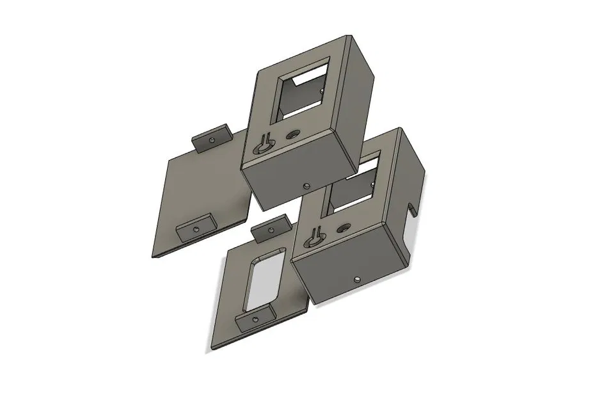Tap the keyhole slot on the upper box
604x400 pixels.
[264, 145]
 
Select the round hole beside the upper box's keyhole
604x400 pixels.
[294, 134]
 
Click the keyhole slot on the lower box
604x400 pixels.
[314, 237]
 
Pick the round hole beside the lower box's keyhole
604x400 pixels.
[344, 227]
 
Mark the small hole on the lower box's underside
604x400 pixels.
[356, 279]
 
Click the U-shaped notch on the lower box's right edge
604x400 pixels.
[413, 209]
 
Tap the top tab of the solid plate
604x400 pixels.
[212, 136]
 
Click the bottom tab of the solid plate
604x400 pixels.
[194, 228]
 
